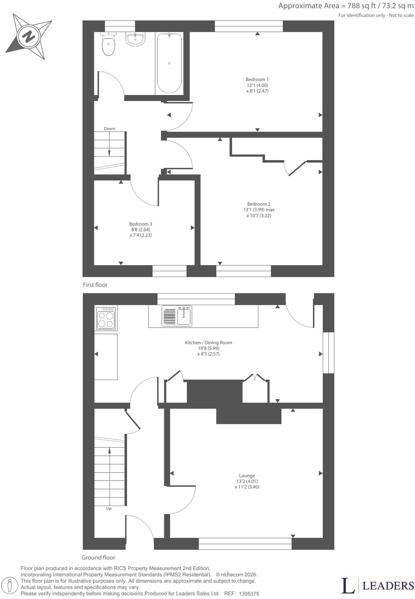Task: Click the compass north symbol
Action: (x=28, y=37)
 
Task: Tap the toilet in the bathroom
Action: (x=108, y=43)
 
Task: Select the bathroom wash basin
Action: (x=136, y=39)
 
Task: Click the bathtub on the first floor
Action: (x=169, y=63)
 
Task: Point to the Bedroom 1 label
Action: (x=257, y=80)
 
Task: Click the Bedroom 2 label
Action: (x=259, y=204)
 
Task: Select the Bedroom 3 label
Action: (x=141, y=224)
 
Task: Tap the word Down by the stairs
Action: (x=110, y=129)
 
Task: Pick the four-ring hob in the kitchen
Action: (x=106, y=318)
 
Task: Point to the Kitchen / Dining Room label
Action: (x=209, y=343)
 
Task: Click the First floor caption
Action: (x=95, y=285)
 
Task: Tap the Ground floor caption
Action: (x=98, y=558)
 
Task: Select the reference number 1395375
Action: (x=249, y=594)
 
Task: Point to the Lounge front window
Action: (x=245, y=544)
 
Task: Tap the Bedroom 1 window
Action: (x=249, y=26)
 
